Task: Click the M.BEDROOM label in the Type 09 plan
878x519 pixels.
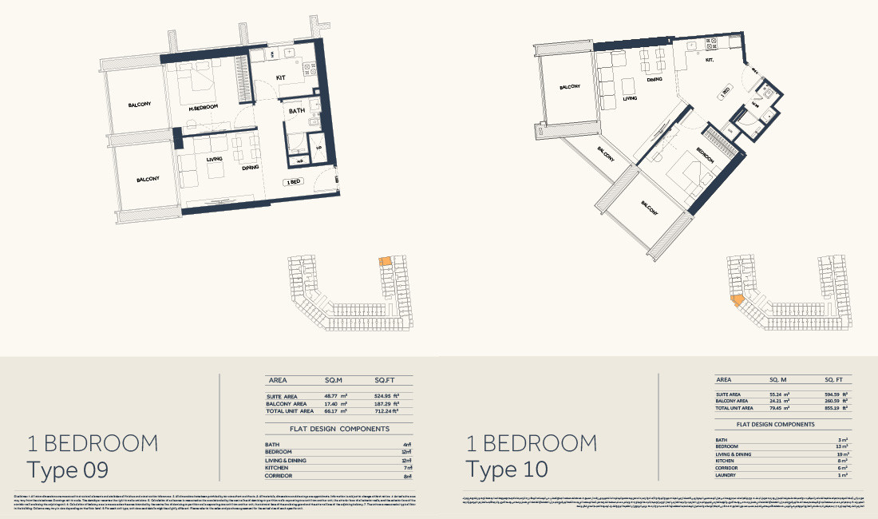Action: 204,108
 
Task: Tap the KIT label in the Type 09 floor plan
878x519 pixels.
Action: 280,77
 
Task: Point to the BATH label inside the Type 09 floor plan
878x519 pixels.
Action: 297,111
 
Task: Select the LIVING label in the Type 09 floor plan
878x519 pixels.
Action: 214,159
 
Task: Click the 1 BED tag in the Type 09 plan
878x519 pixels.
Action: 292,182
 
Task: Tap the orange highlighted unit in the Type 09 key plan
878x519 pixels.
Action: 385,261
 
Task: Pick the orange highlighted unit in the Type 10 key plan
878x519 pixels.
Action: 738,300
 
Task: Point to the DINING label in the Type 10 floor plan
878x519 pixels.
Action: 655,80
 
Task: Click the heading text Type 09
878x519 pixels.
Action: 67,469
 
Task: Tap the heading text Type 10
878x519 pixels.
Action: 507,469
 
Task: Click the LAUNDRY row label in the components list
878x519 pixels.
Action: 728,475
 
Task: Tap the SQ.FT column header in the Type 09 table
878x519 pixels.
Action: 386,381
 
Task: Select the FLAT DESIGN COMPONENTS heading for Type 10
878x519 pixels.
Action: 775,425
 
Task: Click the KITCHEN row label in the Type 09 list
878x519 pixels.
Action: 277,468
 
